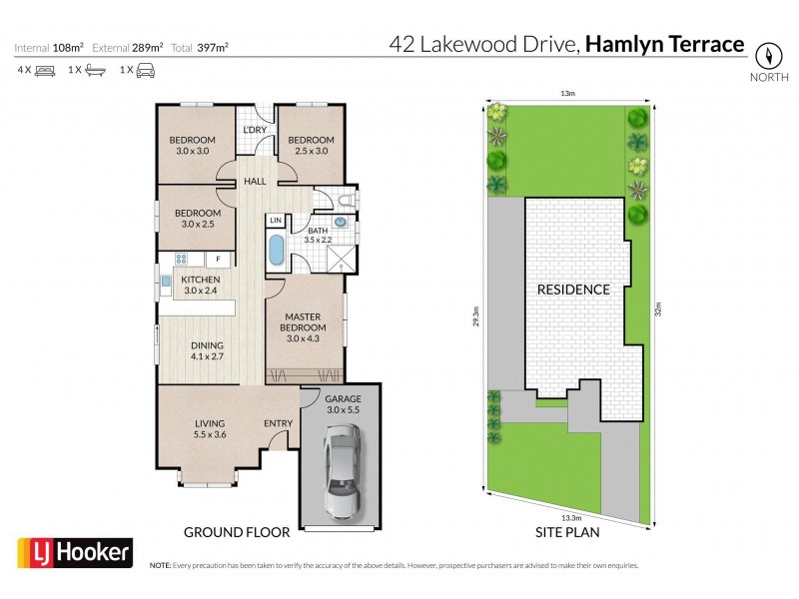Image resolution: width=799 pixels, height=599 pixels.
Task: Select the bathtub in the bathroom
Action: pyautogui.click(x=276, y=250)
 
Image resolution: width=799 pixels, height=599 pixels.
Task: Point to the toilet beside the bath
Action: pyautogui.click(x=342, y=202)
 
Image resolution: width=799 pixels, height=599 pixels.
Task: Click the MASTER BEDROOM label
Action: pyautogui.click(x=306, y=322)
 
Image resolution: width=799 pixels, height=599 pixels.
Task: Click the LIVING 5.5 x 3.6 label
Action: pyautogui.click(x=210, y=428)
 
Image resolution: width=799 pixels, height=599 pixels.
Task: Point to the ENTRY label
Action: pyautogui.click(x=278, y=423)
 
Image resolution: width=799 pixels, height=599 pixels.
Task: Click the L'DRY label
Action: pyautogui.click(x=255, y=131)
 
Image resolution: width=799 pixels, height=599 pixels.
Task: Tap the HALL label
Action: pyautogui.click(x=255, y=183)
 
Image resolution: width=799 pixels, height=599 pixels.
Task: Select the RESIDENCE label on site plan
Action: pyautogui.click(x=573, y=290)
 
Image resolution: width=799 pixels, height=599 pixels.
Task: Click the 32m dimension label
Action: pyautogui.click(x=658, y=309)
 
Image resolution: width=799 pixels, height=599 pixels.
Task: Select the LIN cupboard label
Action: pyautogui.click(x=276, y=220)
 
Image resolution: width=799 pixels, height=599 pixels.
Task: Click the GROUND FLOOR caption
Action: pyautogui.click(x=236, y=532)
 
